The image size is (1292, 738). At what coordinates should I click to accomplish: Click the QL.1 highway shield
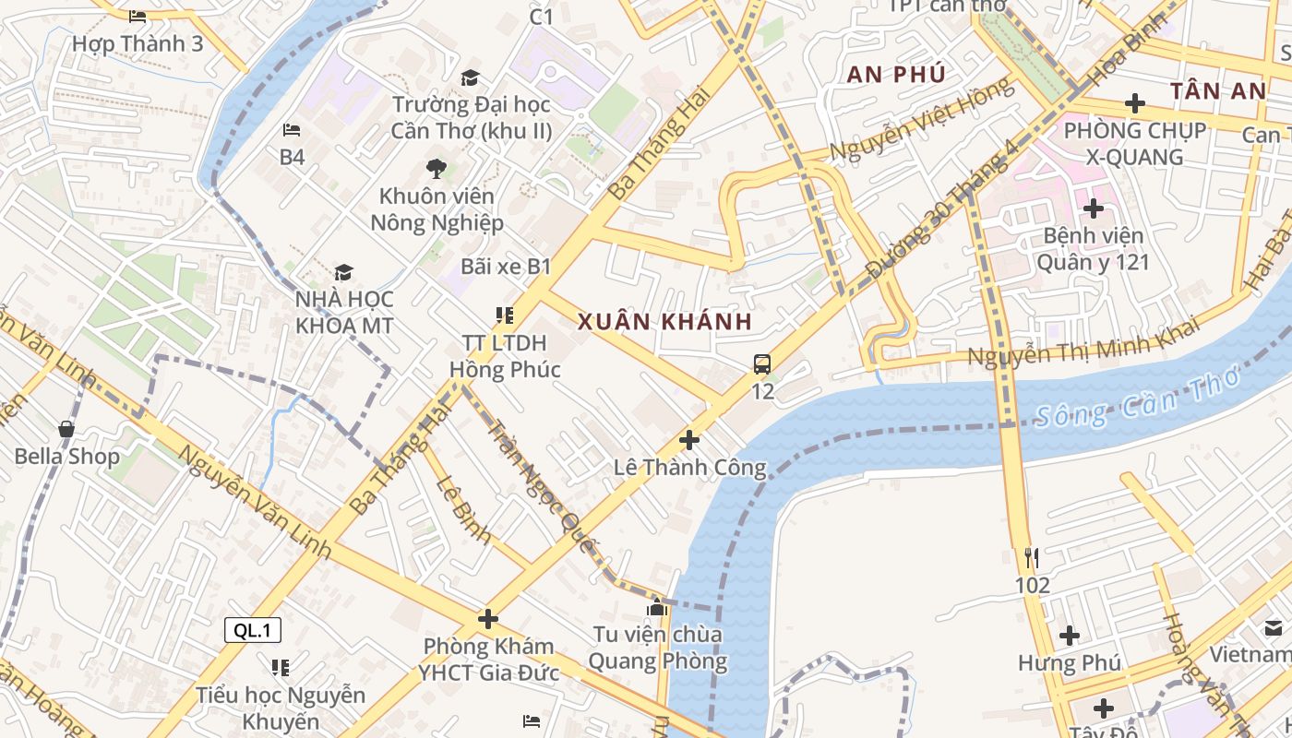[x=253, y=631]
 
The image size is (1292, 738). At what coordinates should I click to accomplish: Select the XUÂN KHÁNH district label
[x=664, y=322]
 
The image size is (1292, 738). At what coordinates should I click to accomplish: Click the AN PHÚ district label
[x=896, y=75]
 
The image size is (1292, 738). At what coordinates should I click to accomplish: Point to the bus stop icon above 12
[x=762, y=364]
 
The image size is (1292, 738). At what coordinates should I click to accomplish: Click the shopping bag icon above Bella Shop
[x=66, y=429]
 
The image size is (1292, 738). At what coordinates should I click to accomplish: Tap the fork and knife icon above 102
[x=1032, y=558]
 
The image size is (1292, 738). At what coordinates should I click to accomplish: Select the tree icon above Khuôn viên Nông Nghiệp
[x=436, y=169]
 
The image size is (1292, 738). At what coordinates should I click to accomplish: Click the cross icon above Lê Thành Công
[x=688, y=440]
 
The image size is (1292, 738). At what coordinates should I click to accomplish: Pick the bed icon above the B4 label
[x=292, y=130]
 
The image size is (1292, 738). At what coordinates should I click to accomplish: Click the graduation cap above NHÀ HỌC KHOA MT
[x=343, y=272]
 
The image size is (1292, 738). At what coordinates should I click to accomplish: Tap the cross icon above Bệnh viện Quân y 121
[x=1094, y=208]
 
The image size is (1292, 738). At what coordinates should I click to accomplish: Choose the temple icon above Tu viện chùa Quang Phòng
[x=657, y=607]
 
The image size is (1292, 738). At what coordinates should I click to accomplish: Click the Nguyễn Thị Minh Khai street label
[x=1083, y=342]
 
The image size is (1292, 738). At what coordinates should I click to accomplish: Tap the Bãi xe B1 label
[x=506, y=268]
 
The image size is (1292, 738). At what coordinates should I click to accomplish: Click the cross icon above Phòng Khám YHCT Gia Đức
[x=488, y=618]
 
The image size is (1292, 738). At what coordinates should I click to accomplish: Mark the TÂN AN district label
[x=1218, y=91]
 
